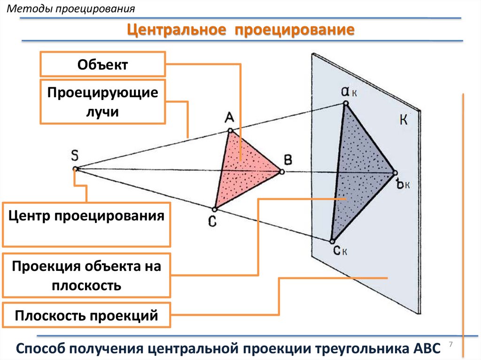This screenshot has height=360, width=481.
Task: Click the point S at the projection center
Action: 75,169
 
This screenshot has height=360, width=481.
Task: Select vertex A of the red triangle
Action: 230,130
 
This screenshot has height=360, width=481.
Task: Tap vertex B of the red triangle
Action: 282,172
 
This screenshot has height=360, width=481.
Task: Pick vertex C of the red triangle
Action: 214,209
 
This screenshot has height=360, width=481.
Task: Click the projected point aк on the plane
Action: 345,103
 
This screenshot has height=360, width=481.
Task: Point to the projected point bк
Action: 395,173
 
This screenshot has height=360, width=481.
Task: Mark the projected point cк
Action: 331,241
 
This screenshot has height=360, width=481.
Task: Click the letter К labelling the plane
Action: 403,121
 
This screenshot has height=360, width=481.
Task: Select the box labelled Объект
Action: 103,64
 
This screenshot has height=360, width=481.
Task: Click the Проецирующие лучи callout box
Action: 103,102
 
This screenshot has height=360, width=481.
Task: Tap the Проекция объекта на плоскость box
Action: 86,276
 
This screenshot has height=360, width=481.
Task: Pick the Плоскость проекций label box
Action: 86,315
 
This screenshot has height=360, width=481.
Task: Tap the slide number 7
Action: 451,345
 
